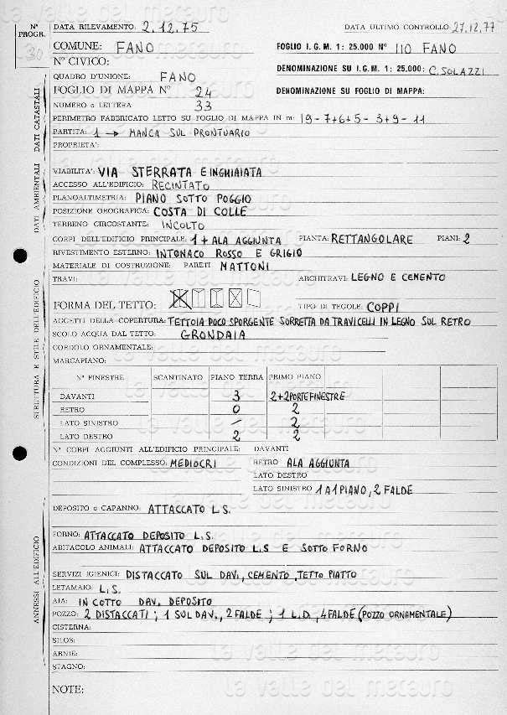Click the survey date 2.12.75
click(170, 27)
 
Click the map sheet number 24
click(202, 92)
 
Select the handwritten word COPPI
click(387, 306)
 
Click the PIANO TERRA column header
click(235, 377)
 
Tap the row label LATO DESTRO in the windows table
click(87, 436)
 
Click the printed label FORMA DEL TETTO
click(102, 304)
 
